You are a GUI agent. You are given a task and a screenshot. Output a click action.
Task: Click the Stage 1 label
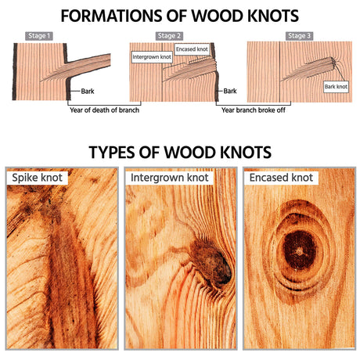point(39,36)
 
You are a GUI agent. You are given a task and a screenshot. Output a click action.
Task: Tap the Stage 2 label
point(169,36)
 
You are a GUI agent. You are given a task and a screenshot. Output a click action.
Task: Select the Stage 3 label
point(299,36)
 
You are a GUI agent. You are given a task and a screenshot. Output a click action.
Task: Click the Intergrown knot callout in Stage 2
point(152,57)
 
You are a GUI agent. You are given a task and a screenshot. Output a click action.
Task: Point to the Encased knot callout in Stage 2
point(192,49)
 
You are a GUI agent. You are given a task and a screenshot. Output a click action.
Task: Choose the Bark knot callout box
point(336,87)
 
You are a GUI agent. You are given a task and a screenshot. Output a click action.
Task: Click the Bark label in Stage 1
point(88,92)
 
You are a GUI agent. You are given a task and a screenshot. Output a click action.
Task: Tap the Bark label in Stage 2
point(230,91)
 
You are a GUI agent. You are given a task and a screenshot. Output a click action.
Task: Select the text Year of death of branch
point(104,110)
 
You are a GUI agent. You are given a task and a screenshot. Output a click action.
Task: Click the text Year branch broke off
point(254,110)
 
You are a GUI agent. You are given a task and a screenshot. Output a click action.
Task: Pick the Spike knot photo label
point(37,178)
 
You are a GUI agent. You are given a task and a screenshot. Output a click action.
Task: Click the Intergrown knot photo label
point(170,178)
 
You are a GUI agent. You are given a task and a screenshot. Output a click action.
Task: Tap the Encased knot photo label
point(281,178)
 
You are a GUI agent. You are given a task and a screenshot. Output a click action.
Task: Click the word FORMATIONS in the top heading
point(110,16)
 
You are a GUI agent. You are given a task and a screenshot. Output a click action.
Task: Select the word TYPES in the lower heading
point(112,153)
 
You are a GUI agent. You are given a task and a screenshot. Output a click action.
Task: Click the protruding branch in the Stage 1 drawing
point(88,64)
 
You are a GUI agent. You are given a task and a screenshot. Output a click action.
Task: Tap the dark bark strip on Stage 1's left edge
point(15,72)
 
